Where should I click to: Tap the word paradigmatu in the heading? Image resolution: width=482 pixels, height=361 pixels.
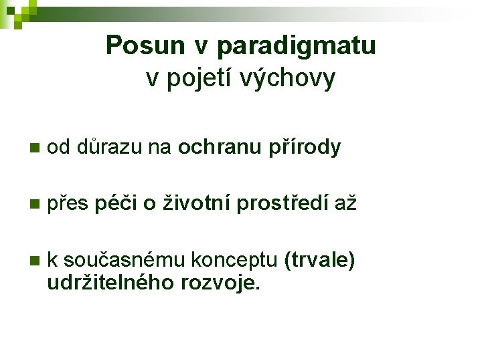click(297, 46)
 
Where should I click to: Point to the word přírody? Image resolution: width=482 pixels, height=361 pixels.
click(307, 147)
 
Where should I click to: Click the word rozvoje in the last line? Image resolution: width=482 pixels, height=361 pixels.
click(218, 282)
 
